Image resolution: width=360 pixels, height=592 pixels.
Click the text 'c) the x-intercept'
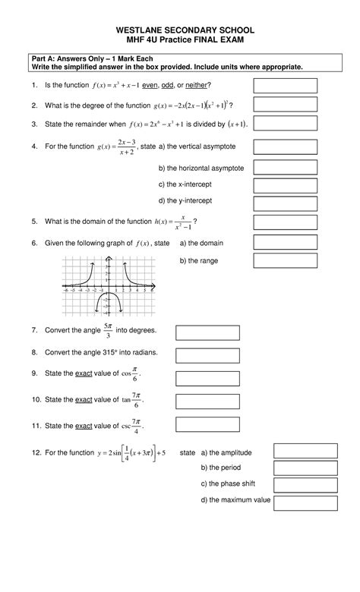[187, 184]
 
